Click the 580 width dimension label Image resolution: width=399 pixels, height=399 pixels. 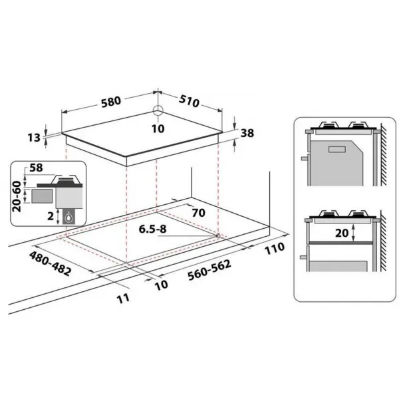pyautogui.click(x=111, y=102)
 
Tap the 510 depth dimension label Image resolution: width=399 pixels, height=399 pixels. pyautogui.click(x=189, y=101)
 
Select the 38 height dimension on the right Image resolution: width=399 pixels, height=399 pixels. pyautogui.click(x=247, y=133)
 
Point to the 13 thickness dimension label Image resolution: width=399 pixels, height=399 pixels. pyautogui.click(x=34, y=138)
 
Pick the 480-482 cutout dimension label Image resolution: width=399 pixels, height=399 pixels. pyautogui.click(x=50, y=263)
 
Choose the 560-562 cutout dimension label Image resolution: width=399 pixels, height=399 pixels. pyautogui.click(x=209, y=270)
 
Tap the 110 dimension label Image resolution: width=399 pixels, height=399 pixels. pyautogui.click(x=275, y=248)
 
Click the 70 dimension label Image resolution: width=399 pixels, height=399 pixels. pyautogui.click(x=198, y=213)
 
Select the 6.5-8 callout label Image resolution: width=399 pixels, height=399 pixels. pyautogui.click(x=153, y=229)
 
